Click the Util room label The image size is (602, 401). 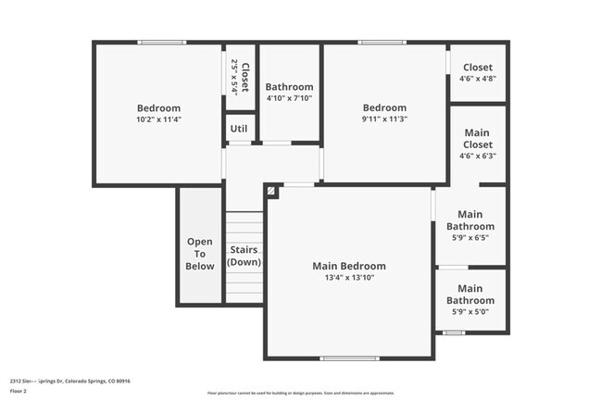tap(240, 129)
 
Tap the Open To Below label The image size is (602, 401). tap(200, 254)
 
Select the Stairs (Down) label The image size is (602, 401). tap(245, 256)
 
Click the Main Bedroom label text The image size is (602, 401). tap(348, 266)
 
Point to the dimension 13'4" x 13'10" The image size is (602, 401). tap(348, 278)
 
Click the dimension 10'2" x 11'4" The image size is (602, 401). tap(158, 119)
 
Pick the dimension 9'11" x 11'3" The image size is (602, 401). tap(384, 119)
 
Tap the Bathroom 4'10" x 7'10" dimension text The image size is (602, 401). tap(289, 98)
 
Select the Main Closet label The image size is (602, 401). tap(478, 138)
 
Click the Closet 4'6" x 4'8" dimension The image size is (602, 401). tap(478, 79)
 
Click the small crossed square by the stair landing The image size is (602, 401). tap(271, 191)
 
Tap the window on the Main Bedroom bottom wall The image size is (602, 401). tap(349, 358)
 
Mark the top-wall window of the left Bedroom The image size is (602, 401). tap(162, 42)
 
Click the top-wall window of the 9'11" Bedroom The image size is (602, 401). tap(382, 42)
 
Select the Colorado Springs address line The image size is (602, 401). tap(70, 381)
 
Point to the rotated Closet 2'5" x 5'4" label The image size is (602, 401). tap(240, 78)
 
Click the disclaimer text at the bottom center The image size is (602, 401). tap(300, 392)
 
